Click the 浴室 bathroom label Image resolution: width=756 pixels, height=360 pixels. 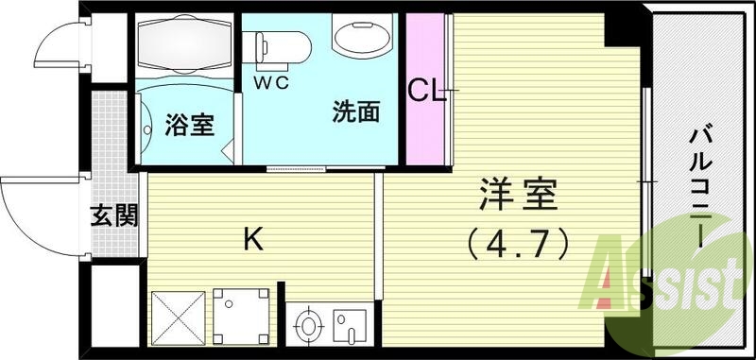pos(189,125)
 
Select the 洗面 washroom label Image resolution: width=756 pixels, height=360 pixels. pos(355,113)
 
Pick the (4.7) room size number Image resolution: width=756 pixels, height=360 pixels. pos(518,244)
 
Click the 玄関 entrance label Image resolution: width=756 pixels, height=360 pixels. pos(114,216)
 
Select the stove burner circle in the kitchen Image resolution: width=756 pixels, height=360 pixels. pos(309,328)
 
